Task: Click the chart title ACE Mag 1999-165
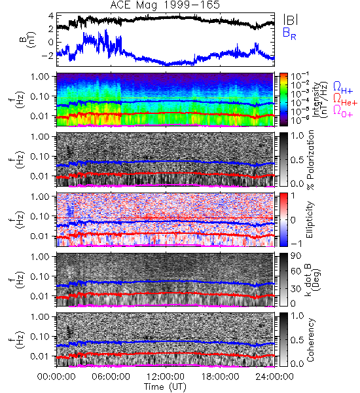(x=165, y=5)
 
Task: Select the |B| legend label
(x=291, y=20)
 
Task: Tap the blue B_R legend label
(x=289, y=33)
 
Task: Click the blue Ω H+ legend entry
(x=343, y=88)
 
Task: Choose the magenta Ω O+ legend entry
(x=343, y=111)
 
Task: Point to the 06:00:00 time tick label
(x=111, y=377)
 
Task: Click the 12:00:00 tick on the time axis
(x=166, y=377)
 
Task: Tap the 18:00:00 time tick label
(x=220, y=377)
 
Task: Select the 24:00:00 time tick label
(x=274, y=377)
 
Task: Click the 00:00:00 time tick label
(x=56, y=377)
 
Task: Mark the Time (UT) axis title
(x=165, y=386)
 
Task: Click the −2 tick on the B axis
(x=47, y=56)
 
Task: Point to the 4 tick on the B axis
(x=51, y=16)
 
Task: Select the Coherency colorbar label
(x=310, y=340)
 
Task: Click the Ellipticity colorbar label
(x=310, y=219)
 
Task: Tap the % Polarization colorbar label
(x=310, y=160)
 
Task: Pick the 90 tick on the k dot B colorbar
(x=296, y=256)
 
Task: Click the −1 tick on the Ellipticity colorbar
(x=296, y=243)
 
